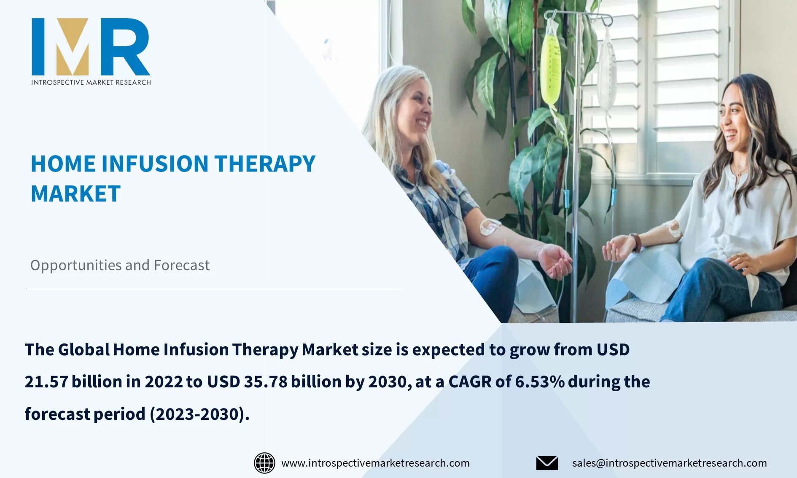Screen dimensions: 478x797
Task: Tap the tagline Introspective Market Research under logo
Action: (91, 82)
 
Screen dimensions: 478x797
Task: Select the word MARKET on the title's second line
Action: (76, 194)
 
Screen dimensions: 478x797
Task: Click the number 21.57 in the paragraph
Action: (46, 382)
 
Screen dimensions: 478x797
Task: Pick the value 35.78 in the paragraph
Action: (265, 382)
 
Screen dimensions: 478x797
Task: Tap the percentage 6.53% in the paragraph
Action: (539, 382)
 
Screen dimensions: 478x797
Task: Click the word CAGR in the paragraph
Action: (469, 382)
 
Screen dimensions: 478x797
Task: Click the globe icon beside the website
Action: (264, 463)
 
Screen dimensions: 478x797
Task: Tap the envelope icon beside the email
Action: (547, 463)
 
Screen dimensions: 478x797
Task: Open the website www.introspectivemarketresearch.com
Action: (375, 463)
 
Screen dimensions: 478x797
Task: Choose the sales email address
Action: (669, 463)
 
